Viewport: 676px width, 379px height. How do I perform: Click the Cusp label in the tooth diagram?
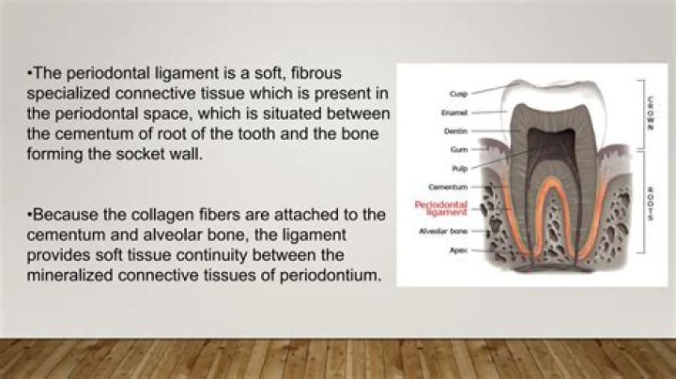tap(458, 94)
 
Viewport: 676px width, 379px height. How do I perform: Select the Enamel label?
tap(454, 113)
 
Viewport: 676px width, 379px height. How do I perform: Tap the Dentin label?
tap(455, 131)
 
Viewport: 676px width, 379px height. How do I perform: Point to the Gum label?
tap(459, 149)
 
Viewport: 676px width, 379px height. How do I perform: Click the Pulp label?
tap(459, 169)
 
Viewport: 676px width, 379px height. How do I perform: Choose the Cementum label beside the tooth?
tap(448, 187)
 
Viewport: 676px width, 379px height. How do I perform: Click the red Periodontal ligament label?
tap(441, 207)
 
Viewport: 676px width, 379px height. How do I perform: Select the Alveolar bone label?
tap(443, 232)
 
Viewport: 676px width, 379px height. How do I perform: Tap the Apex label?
tap(459, 250)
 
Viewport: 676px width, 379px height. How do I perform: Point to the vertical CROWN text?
tap(651, 113)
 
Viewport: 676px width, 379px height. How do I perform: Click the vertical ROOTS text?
tap(651, 204)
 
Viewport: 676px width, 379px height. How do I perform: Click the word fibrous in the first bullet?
tap(316, 73)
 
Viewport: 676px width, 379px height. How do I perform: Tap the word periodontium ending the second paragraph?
tap(330, 276)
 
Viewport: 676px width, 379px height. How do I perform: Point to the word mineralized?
tap(69, 275)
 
